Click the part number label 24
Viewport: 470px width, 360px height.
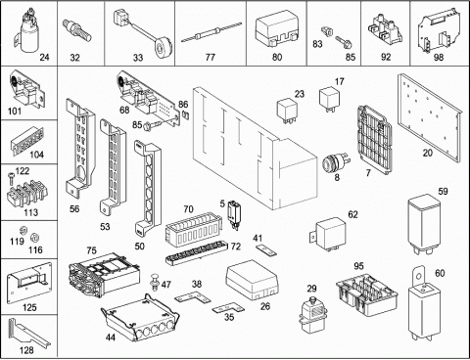(x=44, y=58)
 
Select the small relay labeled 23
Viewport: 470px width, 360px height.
(x=287, y=111)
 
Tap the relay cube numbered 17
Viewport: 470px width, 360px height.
(x=329, y=98)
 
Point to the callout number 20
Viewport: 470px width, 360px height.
(x=428, y=153)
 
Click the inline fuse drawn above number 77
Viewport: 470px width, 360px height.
(x=211, y=32)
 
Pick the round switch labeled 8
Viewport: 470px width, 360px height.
(x=334, y=163)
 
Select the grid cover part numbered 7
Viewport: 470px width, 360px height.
(x=375, y=140)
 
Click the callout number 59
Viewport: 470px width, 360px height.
(x=443, y=191)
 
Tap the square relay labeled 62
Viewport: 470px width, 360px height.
(x=328, y=234)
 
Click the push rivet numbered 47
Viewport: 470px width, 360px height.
(x=154, y=282)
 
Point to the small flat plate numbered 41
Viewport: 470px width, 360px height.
(x=266, y=250)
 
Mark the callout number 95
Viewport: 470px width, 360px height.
(x=358, y=266)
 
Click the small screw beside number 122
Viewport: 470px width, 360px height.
(x=11, y=177)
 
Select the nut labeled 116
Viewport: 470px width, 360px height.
(x=33, y=237)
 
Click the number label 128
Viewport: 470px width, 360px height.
(x=26, y=350)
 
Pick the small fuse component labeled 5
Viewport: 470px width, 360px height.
(x=234, y=213)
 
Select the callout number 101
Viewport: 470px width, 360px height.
(x=15, y=111)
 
